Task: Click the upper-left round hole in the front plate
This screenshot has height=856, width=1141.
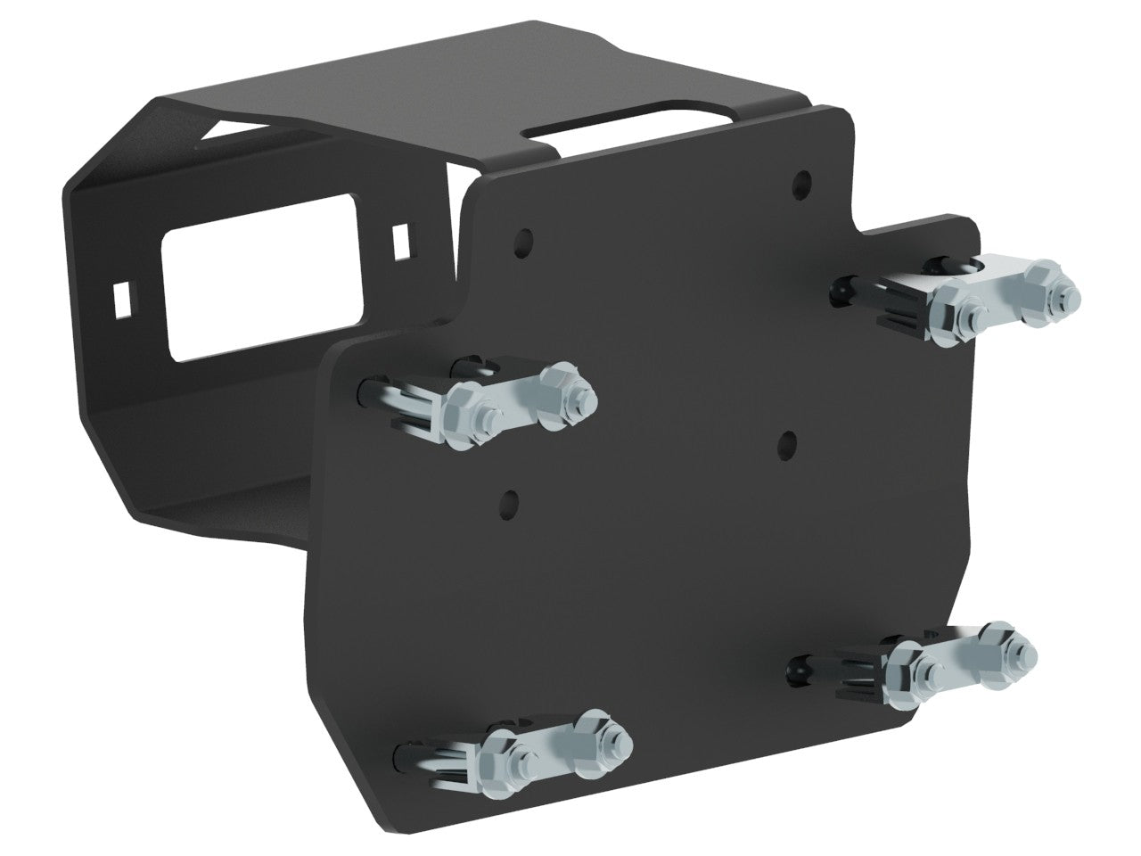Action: point(524,241)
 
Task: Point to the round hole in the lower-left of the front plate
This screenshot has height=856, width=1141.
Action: point(510,497)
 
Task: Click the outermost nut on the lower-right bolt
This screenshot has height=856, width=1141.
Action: point(1014,648)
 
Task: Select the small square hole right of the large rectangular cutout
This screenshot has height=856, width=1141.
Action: point(402,236)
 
